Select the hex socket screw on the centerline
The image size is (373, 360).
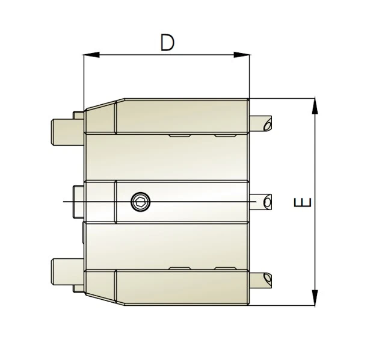point(140,201)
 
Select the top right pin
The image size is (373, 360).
point(260,124)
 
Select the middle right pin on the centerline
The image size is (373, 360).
point(260,201)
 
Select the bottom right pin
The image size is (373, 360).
point(260,279)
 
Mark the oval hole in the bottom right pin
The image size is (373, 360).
point(267,279)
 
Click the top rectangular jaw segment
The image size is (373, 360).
point(180,116)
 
